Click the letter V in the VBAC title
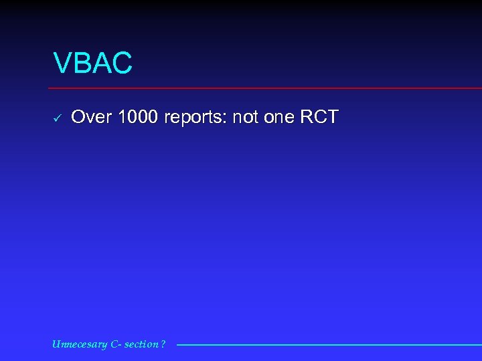62,64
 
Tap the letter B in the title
82,64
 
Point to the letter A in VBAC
100,64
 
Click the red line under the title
268,88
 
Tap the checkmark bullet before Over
58,118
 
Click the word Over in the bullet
91,118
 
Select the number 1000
139,118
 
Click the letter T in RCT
333,118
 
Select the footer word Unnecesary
80,344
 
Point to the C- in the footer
117,344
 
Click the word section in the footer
143,344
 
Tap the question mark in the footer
163,344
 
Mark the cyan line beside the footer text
328,345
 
